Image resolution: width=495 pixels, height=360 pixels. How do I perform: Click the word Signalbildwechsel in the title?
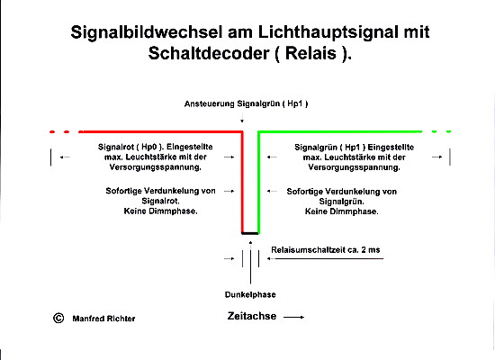click(x=147, y=32)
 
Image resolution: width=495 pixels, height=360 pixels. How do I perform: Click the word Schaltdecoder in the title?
click(x=209, y=53)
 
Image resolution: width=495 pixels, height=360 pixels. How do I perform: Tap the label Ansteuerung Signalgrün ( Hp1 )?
click(x=247, y=103)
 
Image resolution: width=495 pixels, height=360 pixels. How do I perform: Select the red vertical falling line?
click(x=242, y=182)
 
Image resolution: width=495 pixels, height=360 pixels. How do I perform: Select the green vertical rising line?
click(x=258, y=182)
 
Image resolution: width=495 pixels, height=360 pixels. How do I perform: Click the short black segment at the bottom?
click(x=250, y=233)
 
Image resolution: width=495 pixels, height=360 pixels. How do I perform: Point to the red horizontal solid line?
click(x=161, y=131)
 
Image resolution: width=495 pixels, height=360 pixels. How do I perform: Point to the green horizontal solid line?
click(x=340, y=131)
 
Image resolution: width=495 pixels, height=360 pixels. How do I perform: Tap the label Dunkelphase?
click(x=250, y=294)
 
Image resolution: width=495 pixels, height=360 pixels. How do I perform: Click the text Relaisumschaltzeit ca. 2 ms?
click(x=326, y=250)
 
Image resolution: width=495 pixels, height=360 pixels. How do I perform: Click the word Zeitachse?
click(x=252, y=316)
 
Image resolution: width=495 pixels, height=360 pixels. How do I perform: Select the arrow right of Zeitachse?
click(x=293, y=317)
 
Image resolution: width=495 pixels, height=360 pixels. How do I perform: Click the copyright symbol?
click(x=58, y=318)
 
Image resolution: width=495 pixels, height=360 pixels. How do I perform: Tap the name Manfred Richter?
click(x=103, y=319)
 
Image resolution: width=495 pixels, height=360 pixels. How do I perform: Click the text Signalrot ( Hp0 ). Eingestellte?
click(x=156, y=147)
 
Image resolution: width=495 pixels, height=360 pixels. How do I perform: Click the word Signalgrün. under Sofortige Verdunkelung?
click(x=342, y=202)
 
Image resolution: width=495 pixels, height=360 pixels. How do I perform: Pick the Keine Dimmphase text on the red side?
click(x=161, y=211)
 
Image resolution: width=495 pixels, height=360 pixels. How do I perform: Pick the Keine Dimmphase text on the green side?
click(x=342, y=211)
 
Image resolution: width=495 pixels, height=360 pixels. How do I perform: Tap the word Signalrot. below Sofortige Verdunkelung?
click(x=161, y=201)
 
